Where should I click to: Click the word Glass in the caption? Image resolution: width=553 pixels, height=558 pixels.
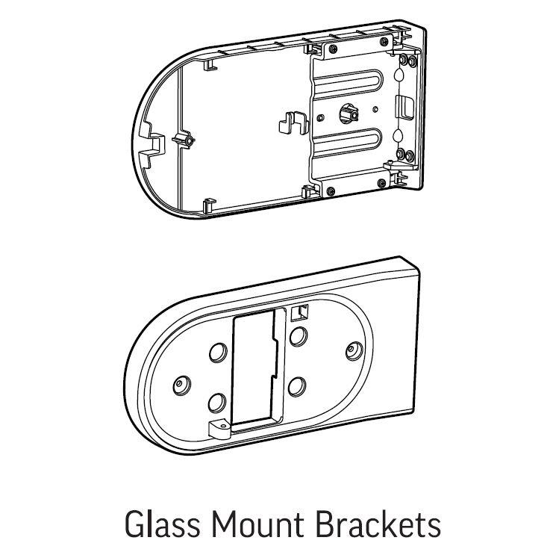click(x=162, y=524)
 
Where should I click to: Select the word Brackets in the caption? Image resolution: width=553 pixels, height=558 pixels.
click(x=378, y=524)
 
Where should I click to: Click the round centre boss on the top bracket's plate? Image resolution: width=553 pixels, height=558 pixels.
click(x=349, y=113)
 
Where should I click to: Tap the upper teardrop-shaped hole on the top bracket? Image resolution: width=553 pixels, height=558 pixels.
click(x=400, y=75)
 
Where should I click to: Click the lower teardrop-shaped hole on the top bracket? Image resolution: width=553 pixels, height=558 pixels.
click(x=398, y=135)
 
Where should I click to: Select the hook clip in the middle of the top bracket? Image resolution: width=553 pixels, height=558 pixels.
click(x=293, y=123)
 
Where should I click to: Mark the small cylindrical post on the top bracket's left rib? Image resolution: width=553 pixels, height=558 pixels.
click(x=187, y=140)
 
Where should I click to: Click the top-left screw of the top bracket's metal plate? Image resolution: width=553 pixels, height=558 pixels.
click(x=333, y=49)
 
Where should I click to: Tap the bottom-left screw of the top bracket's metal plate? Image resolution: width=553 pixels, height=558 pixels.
click(x=331, y=191)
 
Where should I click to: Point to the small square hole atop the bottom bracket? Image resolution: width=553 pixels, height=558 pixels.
click(x=299, y=313)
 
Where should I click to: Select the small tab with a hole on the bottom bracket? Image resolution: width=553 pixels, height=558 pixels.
click(x=219, y=429)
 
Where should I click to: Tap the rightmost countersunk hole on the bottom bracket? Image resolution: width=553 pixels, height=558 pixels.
click(x=354, y=350)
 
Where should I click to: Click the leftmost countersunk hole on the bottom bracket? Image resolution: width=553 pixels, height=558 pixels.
click(x=182, y=385)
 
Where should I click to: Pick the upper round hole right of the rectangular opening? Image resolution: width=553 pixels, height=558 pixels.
click(x=299, y=336)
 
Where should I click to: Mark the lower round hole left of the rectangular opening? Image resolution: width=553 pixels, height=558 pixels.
click(x=217, y=403)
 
